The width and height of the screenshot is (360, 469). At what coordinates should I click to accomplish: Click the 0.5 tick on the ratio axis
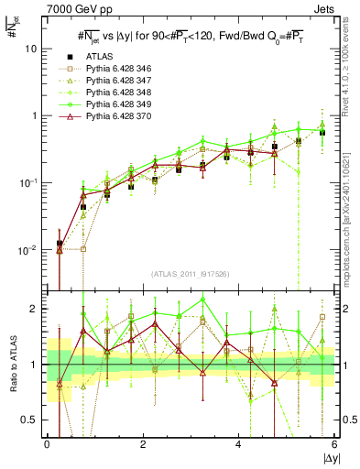[31, 420]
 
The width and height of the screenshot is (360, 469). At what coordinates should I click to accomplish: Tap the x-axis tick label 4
[238, 445]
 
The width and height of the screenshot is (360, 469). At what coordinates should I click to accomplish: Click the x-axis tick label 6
[334, 445]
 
